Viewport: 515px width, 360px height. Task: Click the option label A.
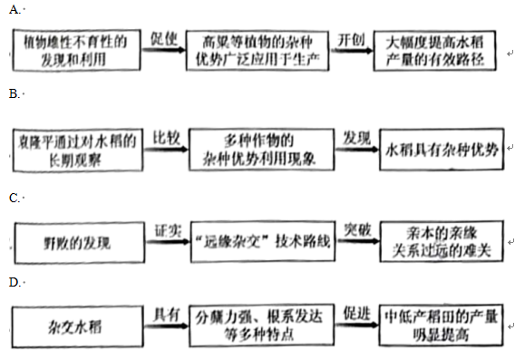click(12, 10)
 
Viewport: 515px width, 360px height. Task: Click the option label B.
click(12, 93)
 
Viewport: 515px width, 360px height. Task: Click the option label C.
click(12, 197)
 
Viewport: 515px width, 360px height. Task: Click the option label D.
click(12, 283)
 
